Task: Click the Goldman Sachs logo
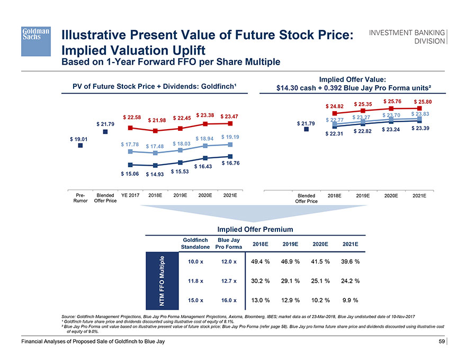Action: click(35, 40)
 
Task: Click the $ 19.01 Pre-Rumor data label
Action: click(79, 139)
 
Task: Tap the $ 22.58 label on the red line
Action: click(132, 117)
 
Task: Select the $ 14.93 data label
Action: click(155, 174)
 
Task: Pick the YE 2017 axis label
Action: click(130, 195)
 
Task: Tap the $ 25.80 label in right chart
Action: click(422, 102)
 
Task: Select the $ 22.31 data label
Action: click(335, 134)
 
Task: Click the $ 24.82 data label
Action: click(335, 105)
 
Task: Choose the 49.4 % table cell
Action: click(260, 261)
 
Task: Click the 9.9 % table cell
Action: click(351, 300)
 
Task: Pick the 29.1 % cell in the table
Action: click(290, 281)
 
